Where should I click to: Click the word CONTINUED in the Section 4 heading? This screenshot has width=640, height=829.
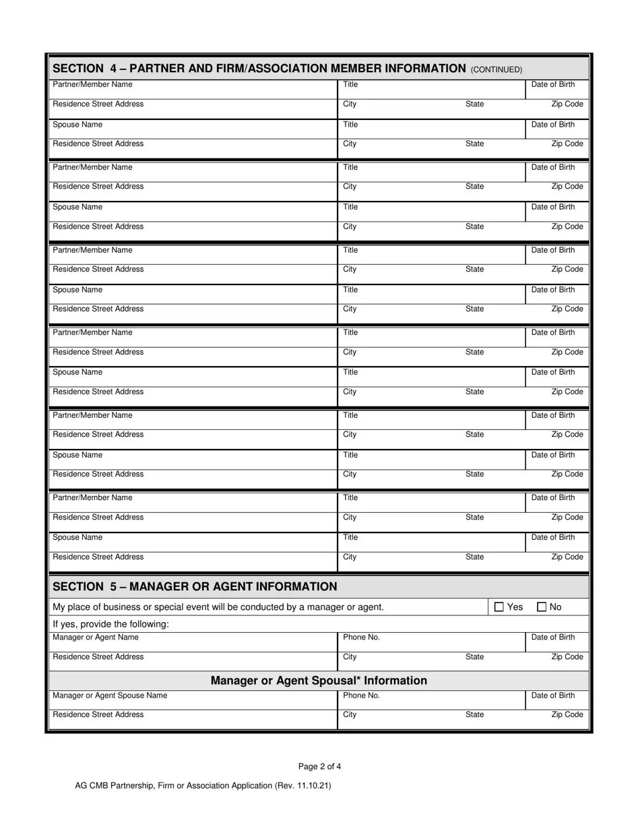tap(496, 69)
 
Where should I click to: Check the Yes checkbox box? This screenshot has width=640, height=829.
tap(499, 607)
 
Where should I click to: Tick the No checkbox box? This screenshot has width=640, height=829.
tap(542, 607)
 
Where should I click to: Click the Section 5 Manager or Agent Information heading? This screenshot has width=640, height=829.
tap(195, 586)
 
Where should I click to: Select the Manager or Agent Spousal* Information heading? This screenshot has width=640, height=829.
tap(319, 681)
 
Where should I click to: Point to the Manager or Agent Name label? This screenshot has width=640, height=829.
tap(96, 637)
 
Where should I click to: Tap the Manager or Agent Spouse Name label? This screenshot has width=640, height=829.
tap(110, 696)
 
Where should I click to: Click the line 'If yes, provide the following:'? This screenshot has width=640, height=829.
tap(110, 624)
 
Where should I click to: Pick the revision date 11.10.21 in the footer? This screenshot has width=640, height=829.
tap(313, 785)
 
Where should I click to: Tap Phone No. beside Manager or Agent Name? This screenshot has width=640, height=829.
tap(361, 637)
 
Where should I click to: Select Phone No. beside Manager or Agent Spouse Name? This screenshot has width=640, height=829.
tap(361, 696)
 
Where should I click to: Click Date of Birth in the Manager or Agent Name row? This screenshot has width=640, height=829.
tap(553, 637)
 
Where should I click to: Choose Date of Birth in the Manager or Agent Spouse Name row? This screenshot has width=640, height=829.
tap(553, 696)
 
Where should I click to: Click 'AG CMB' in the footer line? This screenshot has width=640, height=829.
tap(92, 785)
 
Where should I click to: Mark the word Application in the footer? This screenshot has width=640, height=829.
tap(251, 785)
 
